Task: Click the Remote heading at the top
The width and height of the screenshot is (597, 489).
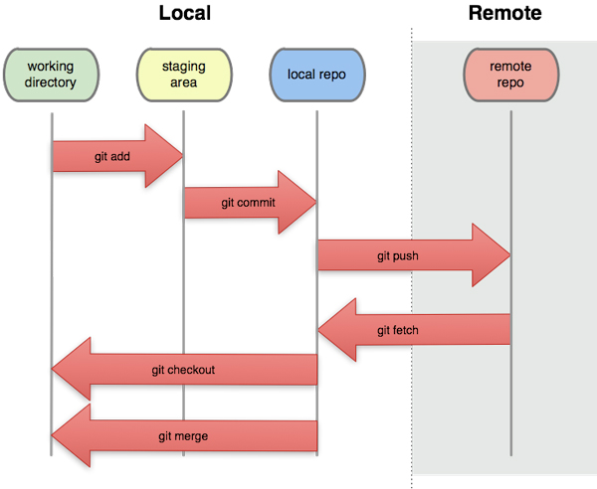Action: [504, 14]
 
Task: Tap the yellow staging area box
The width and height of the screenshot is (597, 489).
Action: [184, 75]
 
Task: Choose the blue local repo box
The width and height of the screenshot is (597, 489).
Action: [317, 75]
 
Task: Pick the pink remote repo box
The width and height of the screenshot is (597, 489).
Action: [510, 75]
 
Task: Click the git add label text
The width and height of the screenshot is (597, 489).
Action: [112, 156]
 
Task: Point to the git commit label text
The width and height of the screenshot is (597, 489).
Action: [248, 203]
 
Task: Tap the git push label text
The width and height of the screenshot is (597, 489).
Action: [397, 255]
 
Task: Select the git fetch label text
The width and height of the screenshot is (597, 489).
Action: [398, 329]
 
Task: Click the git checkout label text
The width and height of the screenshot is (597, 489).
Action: [183, 370]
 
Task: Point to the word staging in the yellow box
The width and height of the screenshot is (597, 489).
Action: [184, 67]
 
